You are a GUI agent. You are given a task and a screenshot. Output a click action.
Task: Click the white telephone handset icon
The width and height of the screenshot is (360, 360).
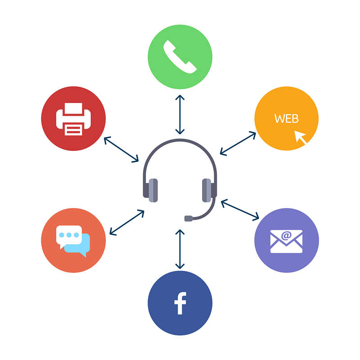tap(180, 57)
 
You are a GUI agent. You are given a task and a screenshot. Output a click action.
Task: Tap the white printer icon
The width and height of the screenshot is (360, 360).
tap(73, 119)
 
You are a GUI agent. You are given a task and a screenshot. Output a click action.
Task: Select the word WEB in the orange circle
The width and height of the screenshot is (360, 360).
tap(287, 119)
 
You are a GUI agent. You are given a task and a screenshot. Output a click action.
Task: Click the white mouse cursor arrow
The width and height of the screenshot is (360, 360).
tap(300, 137)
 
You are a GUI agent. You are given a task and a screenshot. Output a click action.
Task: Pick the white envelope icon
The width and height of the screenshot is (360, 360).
tap(286, 242)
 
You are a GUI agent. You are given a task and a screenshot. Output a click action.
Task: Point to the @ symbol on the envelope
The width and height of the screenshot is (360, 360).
tap(286, 235)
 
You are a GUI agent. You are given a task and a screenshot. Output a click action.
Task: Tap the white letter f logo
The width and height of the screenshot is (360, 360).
tap(180, 303)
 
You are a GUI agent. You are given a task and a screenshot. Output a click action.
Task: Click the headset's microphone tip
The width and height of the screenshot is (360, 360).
tap(189, 218)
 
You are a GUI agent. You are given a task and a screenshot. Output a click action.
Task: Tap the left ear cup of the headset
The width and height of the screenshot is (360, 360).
tap(151, 190)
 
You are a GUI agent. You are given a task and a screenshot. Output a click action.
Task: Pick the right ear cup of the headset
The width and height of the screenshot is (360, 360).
tap(209, 190)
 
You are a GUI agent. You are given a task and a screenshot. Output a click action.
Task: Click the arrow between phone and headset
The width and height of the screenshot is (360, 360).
tap(180, 115)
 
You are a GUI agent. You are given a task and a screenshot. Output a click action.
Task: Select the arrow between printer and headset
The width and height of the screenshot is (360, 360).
tap(121, 150)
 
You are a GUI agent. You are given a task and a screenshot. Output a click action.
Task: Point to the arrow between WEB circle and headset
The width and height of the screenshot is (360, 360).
tap(238, 144)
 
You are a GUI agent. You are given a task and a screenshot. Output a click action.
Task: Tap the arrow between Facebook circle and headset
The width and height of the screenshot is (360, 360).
tap(180, 249)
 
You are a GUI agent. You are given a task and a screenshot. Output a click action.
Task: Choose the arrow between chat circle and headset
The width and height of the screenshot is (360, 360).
tap(127, 222)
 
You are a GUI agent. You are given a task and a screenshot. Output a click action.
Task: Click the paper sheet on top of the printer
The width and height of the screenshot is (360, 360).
tap(73, 108)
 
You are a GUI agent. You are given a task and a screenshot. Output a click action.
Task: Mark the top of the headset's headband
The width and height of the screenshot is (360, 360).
tap(180, 140)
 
